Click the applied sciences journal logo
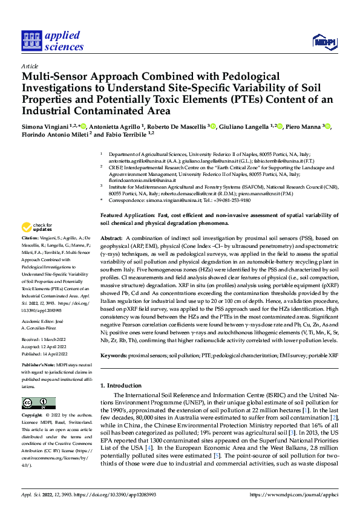(53, 41)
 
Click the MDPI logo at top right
(325, 41)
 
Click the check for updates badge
(36, 228)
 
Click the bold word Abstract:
(112, 238)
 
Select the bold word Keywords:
(115, 357)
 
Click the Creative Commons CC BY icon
(39, 403)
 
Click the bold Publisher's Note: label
(39, 366)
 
